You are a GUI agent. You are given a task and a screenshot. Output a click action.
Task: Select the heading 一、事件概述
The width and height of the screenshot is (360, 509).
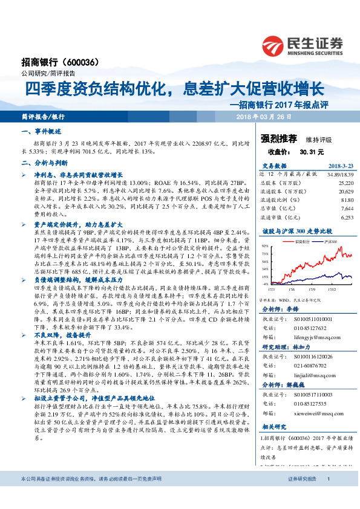(42, 131)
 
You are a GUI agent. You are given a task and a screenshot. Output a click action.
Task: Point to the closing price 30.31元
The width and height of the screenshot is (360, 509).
(312, 151)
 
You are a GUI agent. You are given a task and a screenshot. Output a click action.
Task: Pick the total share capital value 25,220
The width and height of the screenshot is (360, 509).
(345, 182)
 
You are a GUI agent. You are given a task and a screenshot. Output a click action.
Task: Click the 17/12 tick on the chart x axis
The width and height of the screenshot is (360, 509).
(332, 289)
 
